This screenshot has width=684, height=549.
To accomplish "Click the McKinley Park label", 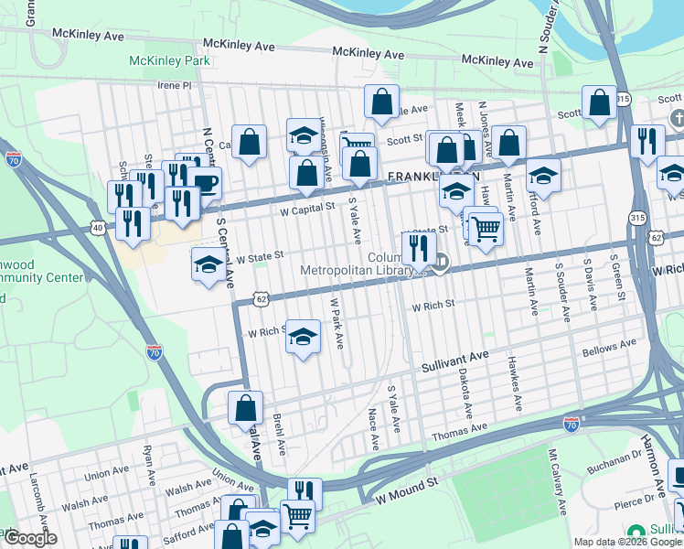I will (x=169, y=61).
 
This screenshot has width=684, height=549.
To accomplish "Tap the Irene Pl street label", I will (x=173, y=85).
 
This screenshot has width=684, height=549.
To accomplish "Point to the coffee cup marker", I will (x=206, y=182).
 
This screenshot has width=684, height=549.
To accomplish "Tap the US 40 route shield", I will (x=97, y=226).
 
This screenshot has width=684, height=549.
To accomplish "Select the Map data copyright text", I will (x=627, y=542).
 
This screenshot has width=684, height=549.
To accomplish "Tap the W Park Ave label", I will (x=336, y=322).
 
